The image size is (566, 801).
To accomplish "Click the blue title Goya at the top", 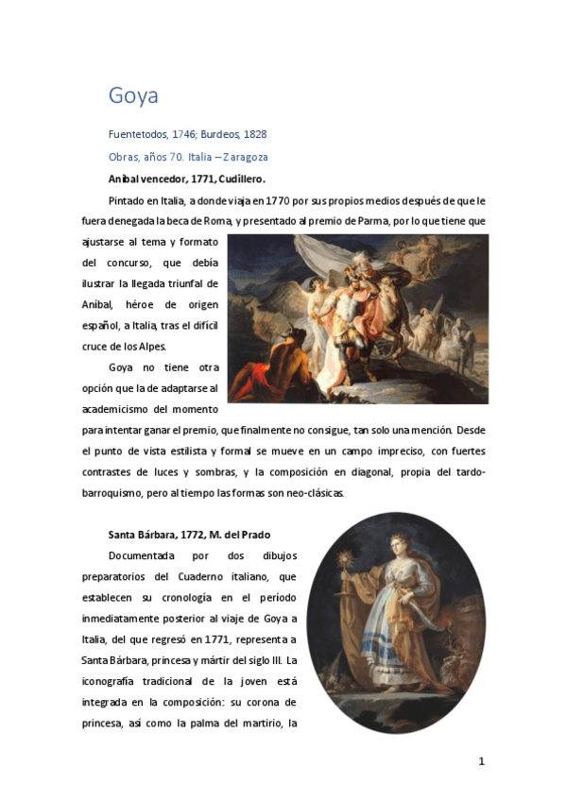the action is pyautogui.click(x=133, y=95).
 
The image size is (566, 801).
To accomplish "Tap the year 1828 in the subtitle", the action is pyautogui.click(x=255, y=134).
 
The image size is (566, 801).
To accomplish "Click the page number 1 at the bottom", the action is pyautogui.click(x=481, y=761).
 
